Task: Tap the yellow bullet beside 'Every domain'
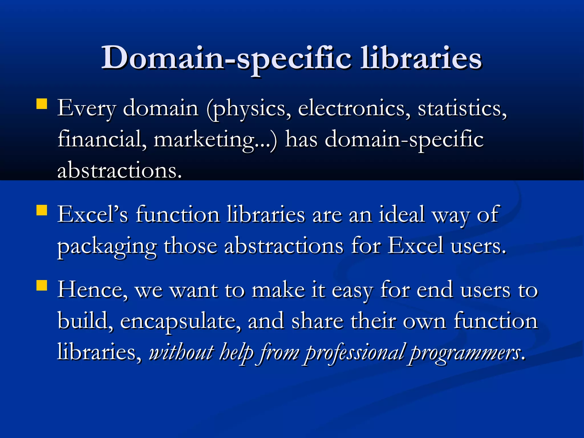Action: tap(42, 104)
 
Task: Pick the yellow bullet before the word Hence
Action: tap(42, 285)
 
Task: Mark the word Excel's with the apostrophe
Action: tap(92, 214)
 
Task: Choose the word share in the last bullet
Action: tap(317, 321)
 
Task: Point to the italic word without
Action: tap(181, 352)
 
